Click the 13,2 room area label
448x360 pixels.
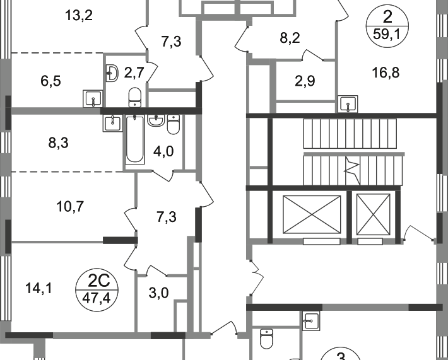tap(79, 15)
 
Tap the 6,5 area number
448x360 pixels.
tap(50, 81)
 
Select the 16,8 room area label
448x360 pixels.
tap(386, 73)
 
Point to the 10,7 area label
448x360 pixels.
tap(70, 206)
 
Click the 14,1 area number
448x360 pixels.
tap(39, 288)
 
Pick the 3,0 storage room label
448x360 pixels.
tap(158, 293)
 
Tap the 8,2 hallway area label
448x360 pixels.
tap(290, 38)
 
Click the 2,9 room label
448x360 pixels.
tap(305, 81)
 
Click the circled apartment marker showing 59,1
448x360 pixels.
tap(387, 26)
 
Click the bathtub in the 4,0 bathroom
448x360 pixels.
tap(135, 139)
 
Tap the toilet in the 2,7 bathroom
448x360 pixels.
tap(134, 97)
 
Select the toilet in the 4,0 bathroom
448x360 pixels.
tap(173, 124)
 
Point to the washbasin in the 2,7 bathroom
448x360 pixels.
tap(112, 73)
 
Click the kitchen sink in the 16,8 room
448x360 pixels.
tap(348, 104)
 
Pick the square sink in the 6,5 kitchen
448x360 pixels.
tap(93, 98)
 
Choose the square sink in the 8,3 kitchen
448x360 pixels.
tap(113, 123)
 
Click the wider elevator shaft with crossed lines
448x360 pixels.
tap(312, 215)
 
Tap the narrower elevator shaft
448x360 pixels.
tap(374, 215)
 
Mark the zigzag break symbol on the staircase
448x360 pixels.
tap(351, 170)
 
